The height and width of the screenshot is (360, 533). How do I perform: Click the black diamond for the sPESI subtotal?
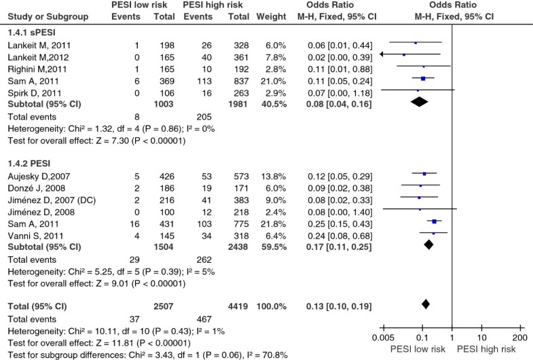[420, 102]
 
